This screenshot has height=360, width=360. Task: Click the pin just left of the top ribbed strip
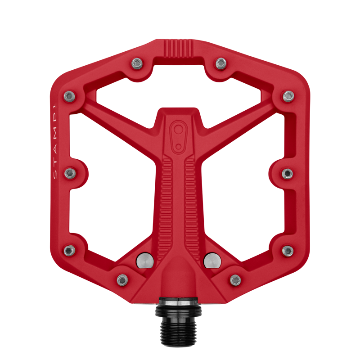(137, 63)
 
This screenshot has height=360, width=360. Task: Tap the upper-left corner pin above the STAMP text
(69, 96)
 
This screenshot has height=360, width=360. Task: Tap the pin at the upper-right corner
(288, 96)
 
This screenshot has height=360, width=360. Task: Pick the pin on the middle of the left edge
(70, 173)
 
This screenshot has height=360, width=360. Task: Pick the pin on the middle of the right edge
(288, 173)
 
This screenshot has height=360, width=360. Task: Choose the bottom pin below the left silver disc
(122, 280)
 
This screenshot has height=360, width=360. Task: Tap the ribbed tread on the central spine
(179, 198)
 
